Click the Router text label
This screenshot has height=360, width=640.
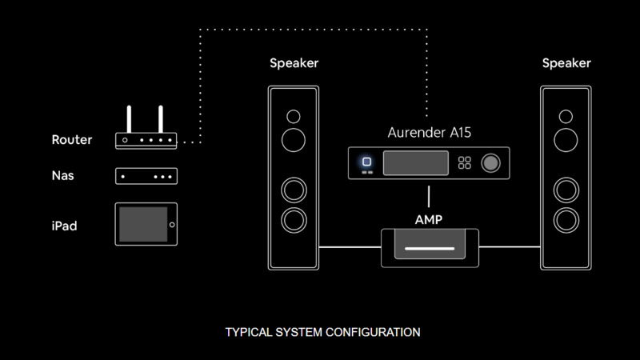71,140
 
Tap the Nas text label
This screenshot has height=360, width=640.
63,175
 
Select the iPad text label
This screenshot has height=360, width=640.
64,226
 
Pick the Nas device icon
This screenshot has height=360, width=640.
146,176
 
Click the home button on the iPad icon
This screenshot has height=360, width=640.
170,225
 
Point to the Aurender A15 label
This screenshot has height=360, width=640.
430,133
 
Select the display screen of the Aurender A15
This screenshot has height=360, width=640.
414,163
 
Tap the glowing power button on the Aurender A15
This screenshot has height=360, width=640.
367,161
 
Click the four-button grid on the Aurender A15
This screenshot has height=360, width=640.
464,163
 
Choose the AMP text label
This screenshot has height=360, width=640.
429,219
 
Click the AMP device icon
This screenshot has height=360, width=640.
430,247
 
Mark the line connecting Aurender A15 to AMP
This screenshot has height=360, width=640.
430,197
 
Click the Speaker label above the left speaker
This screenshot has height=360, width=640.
294,63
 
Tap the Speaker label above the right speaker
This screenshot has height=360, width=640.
566,63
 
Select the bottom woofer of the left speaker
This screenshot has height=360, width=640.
294,219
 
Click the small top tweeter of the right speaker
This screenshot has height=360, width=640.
566,117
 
